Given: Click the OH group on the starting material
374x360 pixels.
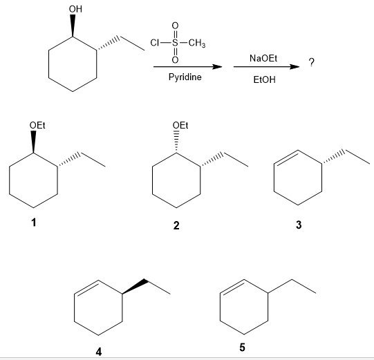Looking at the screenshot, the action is click(x=75, y=9).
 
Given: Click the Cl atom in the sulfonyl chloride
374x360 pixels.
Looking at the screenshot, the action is click(x=155, y=43).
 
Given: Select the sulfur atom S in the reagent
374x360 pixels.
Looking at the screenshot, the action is click(x=175, y=43).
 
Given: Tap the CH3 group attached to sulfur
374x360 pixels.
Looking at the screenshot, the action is click(x=197, y=43).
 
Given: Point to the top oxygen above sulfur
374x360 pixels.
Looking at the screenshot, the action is click(x=175, y=26).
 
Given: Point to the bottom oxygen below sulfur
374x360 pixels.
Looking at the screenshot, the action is click(x=175, y=59).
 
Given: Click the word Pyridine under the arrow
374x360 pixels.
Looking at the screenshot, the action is click(x=185, y=77).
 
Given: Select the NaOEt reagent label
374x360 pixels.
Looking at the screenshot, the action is click(x=263, y=58).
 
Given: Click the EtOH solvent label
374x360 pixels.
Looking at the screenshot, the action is click(x=264, y=79).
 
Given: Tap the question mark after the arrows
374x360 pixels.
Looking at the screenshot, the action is click(x=312, y=62).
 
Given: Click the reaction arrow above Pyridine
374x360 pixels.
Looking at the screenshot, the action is click(x=188, y=67).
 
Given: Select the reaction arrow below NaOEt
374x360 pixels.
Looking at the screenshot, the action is click(x=266, y=67).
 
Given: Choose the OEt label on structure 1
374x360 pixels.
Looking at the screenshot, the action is click(x=37, y=125).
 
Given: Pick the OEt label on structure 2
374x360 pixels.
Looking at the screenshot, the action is click(x=180, y=125).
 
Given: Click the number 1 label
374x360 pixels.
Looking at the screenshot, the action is click(x=34, y=222).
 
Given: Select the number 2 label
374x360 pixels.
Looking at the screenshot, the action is click(x=176, y=225).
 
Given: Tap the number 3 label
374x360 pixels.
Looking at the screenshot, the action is click(x=299, y=225).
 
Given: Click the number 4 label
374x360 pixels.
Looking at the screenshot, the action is click(x=99, y=352).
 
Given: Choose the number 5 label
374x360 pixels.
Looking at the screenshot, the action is click(x=242, y=347).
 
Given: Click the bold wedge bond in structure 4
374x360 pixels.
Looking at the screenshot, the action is click(x=134, y=287).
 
